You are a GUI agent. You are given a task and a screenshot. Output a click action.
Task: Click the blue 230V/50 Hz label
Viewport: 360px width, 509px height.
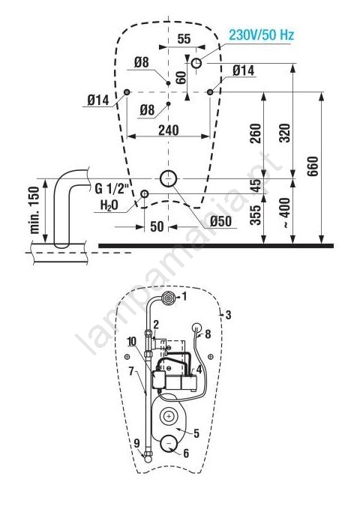pos(261,34)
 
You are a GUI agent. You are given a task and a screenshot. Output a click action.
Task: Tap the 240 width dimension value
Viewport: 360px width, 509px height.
pos(168,130)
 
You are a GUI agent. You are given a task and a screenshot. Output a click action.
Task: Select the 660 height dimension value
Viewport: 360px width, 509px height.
pos(313,166)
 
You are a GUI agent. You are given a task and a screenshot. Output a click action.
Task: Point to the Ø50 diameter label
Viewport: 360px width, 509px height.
pos(220,221)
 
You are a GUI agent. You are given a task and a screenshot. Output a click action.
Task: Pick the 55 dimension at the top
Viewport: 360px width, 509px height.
pos(184,39)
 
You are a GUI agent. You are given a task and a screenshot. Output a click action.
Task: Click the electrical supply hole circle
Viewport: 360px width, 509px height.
pos(196,63)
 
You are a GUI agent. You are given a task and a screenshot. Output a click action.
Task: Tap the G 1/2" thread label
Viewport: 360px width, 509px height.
pos(112,188)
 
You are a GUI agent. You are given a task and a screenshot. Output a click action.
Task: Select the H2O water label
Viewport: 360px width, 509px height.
pos(109,205)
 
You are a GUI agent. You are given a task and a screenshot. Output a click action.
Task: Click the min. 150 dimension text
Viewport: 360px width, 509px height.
pos(34,210)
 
